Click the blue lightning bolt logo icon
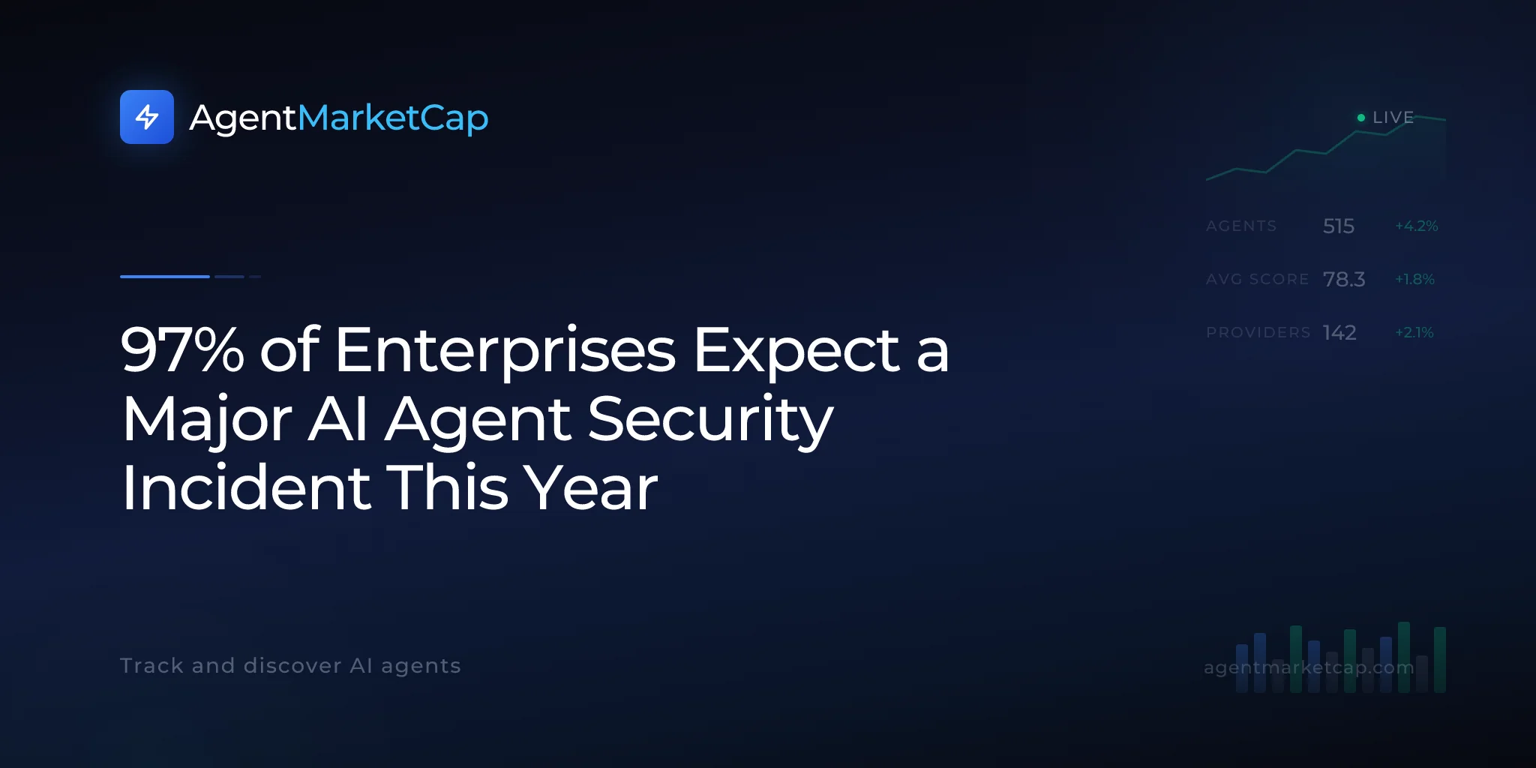147,117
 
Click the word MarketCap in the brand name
393,118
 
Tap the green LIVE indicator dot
1361,118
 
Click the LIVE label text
1393,118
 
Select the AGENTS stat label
1241,226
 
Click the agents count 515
1339,226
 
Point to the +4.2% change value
1417,226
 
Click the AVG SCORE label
1257,279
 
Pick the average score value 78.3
1344,279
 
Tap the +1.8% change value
1414,279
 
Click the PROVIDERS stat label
1258,332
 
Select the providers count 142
1339,332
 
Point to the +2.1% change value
1414,332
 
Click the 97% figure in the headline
182,349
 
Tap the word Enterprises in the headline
505,351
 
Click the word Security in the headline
710,420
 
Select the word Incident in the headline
247,487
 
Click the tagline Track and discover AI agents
290,666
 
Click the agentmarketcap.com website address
1309,667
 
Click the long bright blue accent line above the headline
165,277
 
